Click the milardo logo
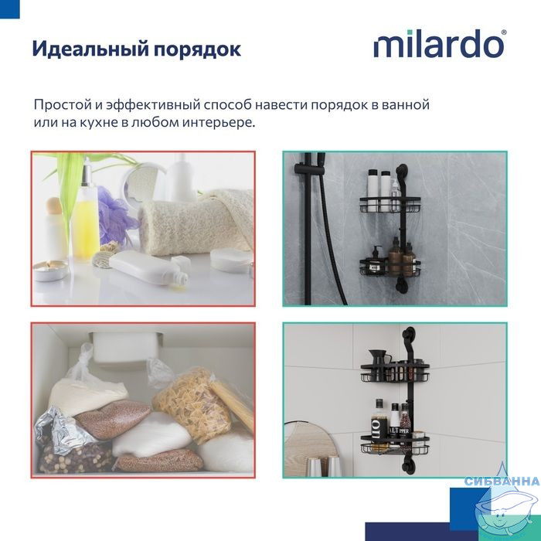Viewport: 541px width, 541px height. click(x=441, y=44)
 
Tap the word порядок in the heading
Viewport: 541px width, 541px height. click(x=197, y=49)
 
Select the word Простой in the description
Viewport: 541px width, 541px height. click(x=63, y=104)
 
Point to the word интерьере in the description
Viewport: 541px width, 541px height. click(x=219, y=122)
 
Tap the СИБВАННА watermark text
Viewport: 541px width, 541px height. click(x=502, y=481)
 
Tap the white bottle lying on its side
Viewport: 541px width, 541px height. click(x=149, y=267)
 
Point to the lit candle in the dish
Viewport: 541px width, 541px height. click(x=51, y=270)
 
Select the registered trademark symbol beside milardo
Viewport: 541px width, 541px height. click(x=503, y=32)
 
